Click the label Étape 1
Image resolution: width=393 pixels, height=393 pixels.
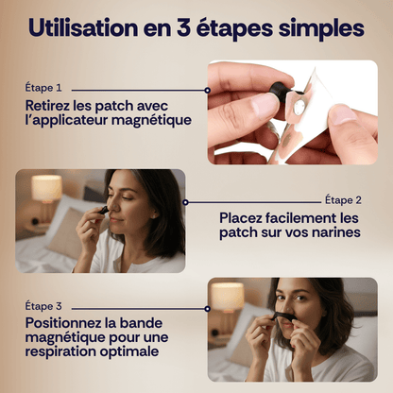pyautogui.click(x=43, y=88)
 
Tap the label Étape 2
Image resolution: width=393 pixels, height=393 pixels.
pyautogui.click(x=343, y=200)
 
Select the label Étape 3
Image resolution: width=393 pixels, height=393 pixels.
pyautogui.click(x=43, y=306)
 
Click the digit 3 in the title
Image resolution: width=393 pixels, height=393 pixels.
pyautogui.click(x=182, y=27)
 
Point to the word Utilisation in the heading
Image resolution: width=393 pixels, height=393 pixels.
pyautogui.click(x=83, y=27)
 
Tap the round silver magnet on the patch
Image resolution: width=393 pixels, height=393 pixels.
pyautogui.click(x=299, y=107)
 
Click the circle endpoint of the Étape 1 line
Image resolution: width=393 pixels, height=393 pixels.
pyautogui.click(x=207, y=91)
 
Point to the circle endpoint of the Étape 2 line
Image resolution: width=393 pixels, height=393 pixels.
pyautogui.click(x=185, y=202)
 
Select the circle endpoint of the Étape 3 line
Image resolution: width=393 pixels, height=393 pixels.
pyautogui.click(x=207, y=309)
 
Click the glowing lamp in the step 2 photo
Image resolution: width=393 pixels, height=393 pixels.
pyautogui.click(x=46, y=188)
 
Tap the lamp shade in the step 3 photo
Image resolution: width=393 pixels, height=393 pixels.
pyautogui.click(x=228, y=297)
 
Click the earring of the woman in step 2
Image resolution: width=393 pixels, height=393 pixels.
pyautogui.click(x=153, y=216)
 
